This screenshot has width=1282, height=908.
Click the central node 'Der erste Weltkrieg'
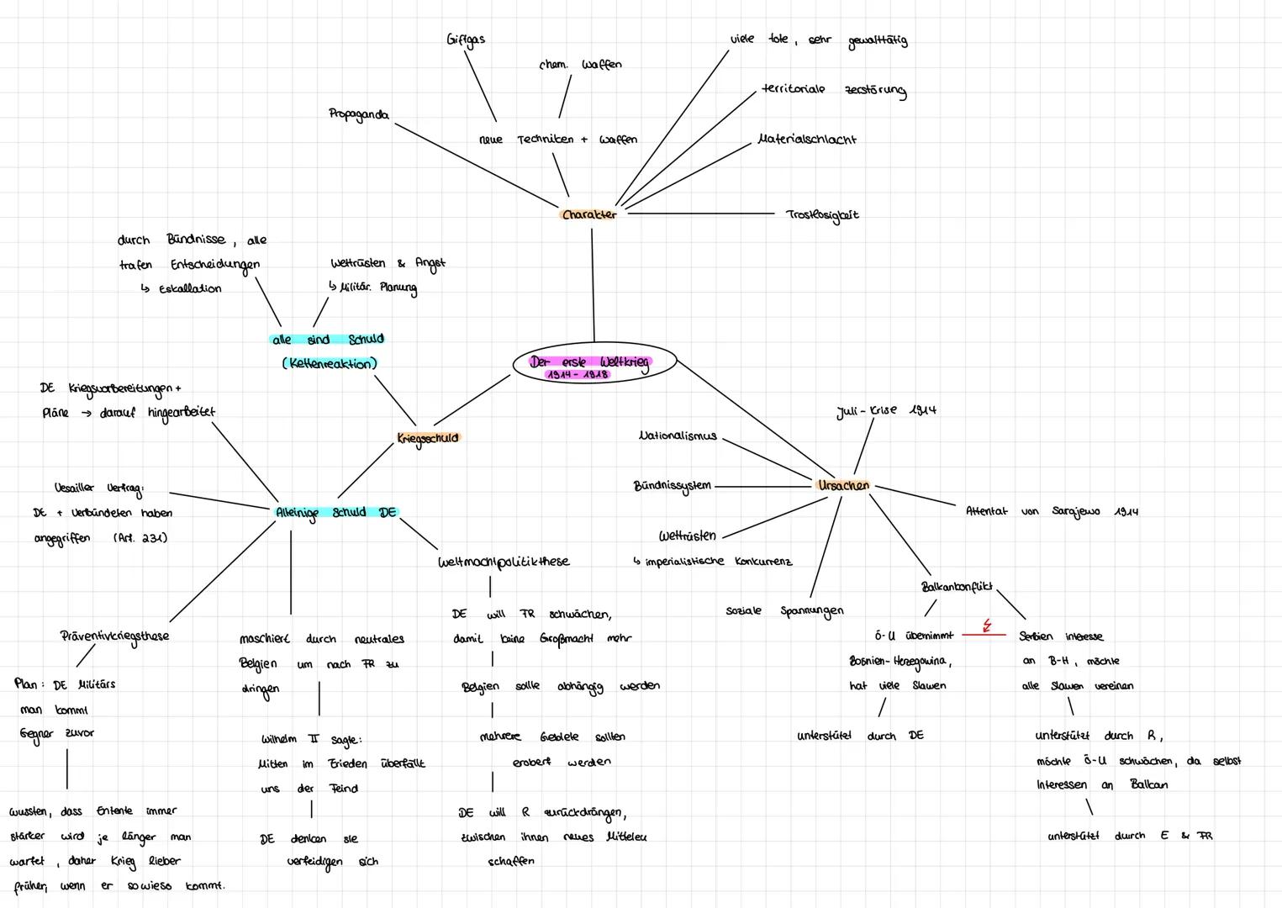tap(590, 362)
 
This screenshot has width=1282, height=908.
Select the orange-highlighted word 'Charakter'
tap(588, 214)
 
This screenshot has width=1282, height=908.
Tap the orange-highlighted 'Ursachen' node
tap(843, 485)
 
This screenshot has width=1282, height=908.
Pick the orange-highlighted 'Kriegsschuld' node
tap(428, 438)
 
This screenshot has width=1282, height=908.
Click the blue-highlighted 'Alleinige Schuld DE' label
tap(335, 512)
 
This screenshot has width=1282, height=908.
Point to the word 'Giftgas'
tap(465, 40)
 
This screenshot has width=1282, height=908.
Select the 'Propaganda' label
tap(358, 114)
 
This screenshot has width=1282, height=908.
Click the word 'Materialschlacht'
tap(806, 140)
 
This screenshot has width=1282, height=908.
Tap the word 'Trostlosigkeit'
tap(821, 215)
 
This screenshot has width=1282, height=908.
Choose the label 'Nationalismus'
tap(678, 436)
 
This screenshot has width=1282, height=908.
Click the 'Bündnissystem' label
tap(672, 486)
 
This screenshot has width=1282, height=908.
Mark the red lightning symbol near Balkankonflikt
tap(987, 626)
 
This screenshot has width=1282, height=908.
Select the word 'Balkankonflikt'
tap(956, 587)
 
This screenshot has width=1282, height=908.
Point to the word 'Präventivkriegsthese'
tap(114, 636)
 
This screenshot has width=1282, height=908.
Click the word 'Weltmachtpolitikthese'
tap(503, 562)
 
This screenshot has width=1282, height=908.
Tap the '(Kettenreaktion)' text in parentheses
tap(329, 364)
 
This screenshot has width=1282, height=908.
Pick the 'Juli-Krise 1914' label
tap(885, 410)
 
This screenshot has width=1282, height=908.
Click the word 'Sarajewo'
tap(1075, 511)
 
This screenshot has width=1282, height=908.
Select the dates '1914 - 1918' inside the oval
tap(577, 375)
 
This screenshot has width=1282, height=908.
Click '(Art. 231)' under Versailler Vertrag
tap(140, 538)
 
